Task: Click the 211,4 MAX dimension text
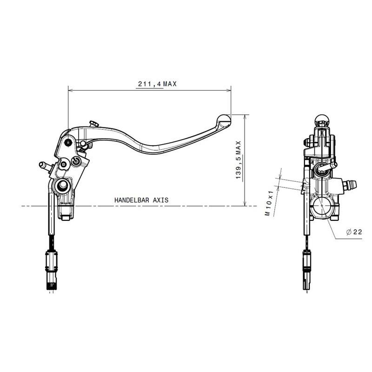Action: click(157, 84)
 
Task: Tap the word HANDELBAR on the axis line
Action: click(130, 199)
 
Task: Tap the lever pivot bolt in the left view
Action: click(69, 142)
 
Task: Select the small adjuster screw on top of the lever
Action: click(93, 124)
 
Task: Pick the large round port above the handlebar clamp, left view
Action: click(61, 187)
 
